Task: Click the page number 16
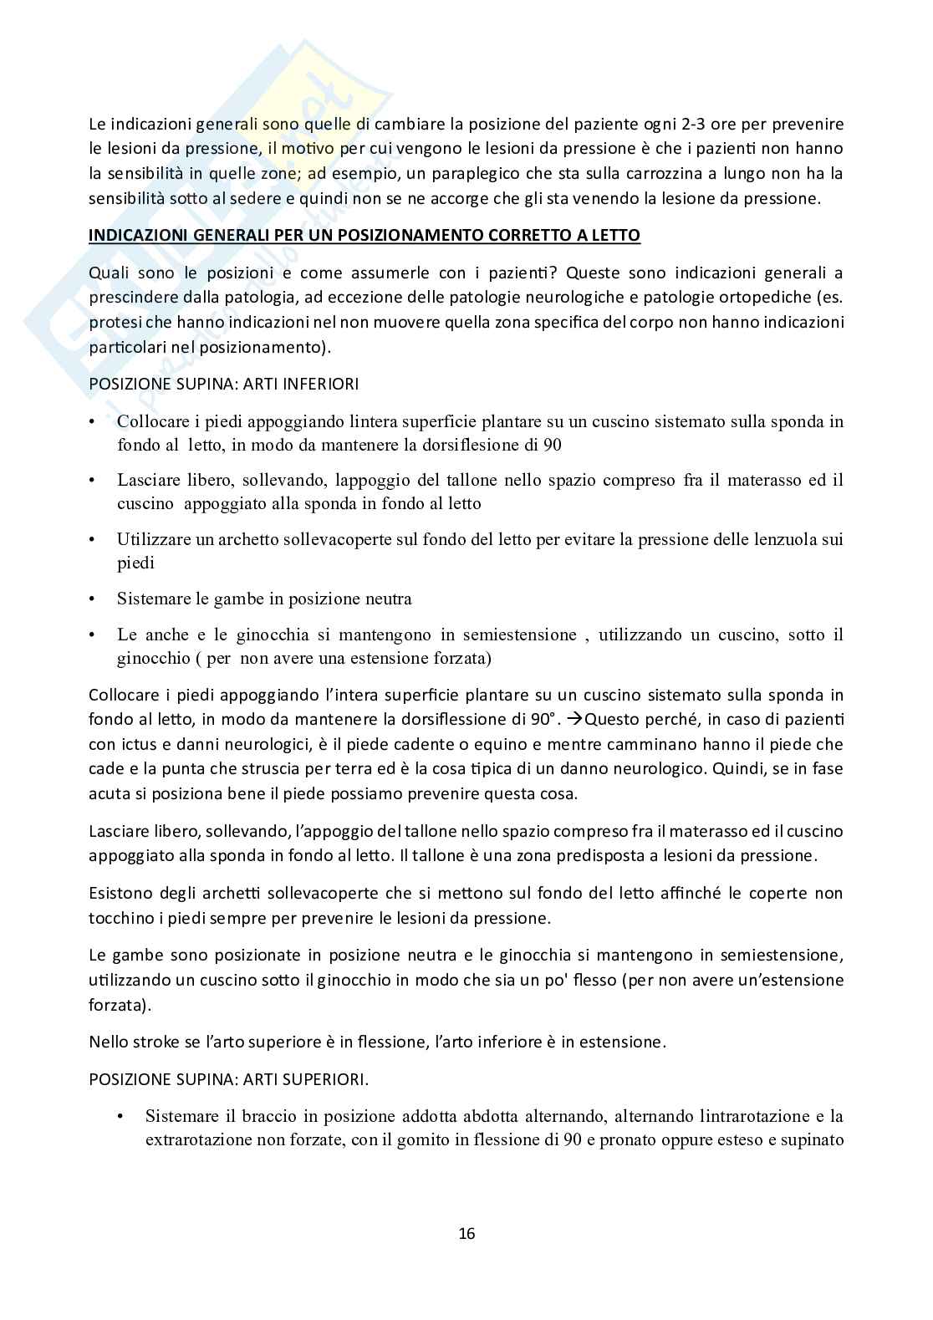tap(466, 1233)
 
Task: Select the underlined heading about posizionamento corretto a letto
tap(365, 235)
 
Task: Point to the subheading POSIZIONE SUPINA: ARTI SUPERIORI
tap(228, 1079)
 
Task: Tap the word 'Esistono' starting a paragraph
tap(117, 893)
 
